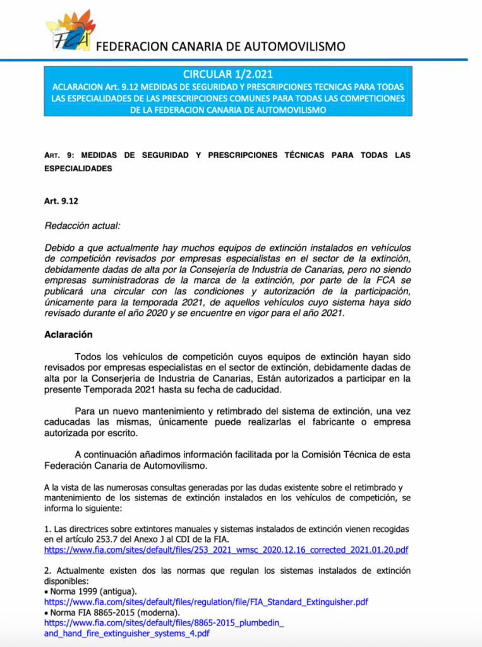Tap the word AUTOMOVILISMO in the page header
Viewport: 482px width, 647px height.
[297, 46]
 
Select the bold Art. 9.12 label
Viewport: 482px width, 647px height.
[60, 201]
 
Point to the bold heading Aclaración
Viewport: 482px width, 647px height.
[68, 334]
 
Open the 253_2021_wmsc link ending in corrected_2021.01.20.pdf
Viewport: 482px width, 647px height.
[226, 550]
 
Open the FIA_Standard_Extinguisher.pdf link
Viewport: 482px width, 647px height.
[206, 602]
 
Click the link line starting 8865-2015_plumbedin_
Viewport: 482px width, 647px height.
[164, 622]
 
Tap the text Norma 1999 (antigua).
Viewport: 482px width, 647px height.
[92, 591]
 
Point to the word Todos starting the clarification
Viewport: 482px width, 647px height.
[88, 357]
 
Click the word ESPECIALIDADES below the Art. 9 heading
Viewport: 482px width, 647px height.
[78, 169]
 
